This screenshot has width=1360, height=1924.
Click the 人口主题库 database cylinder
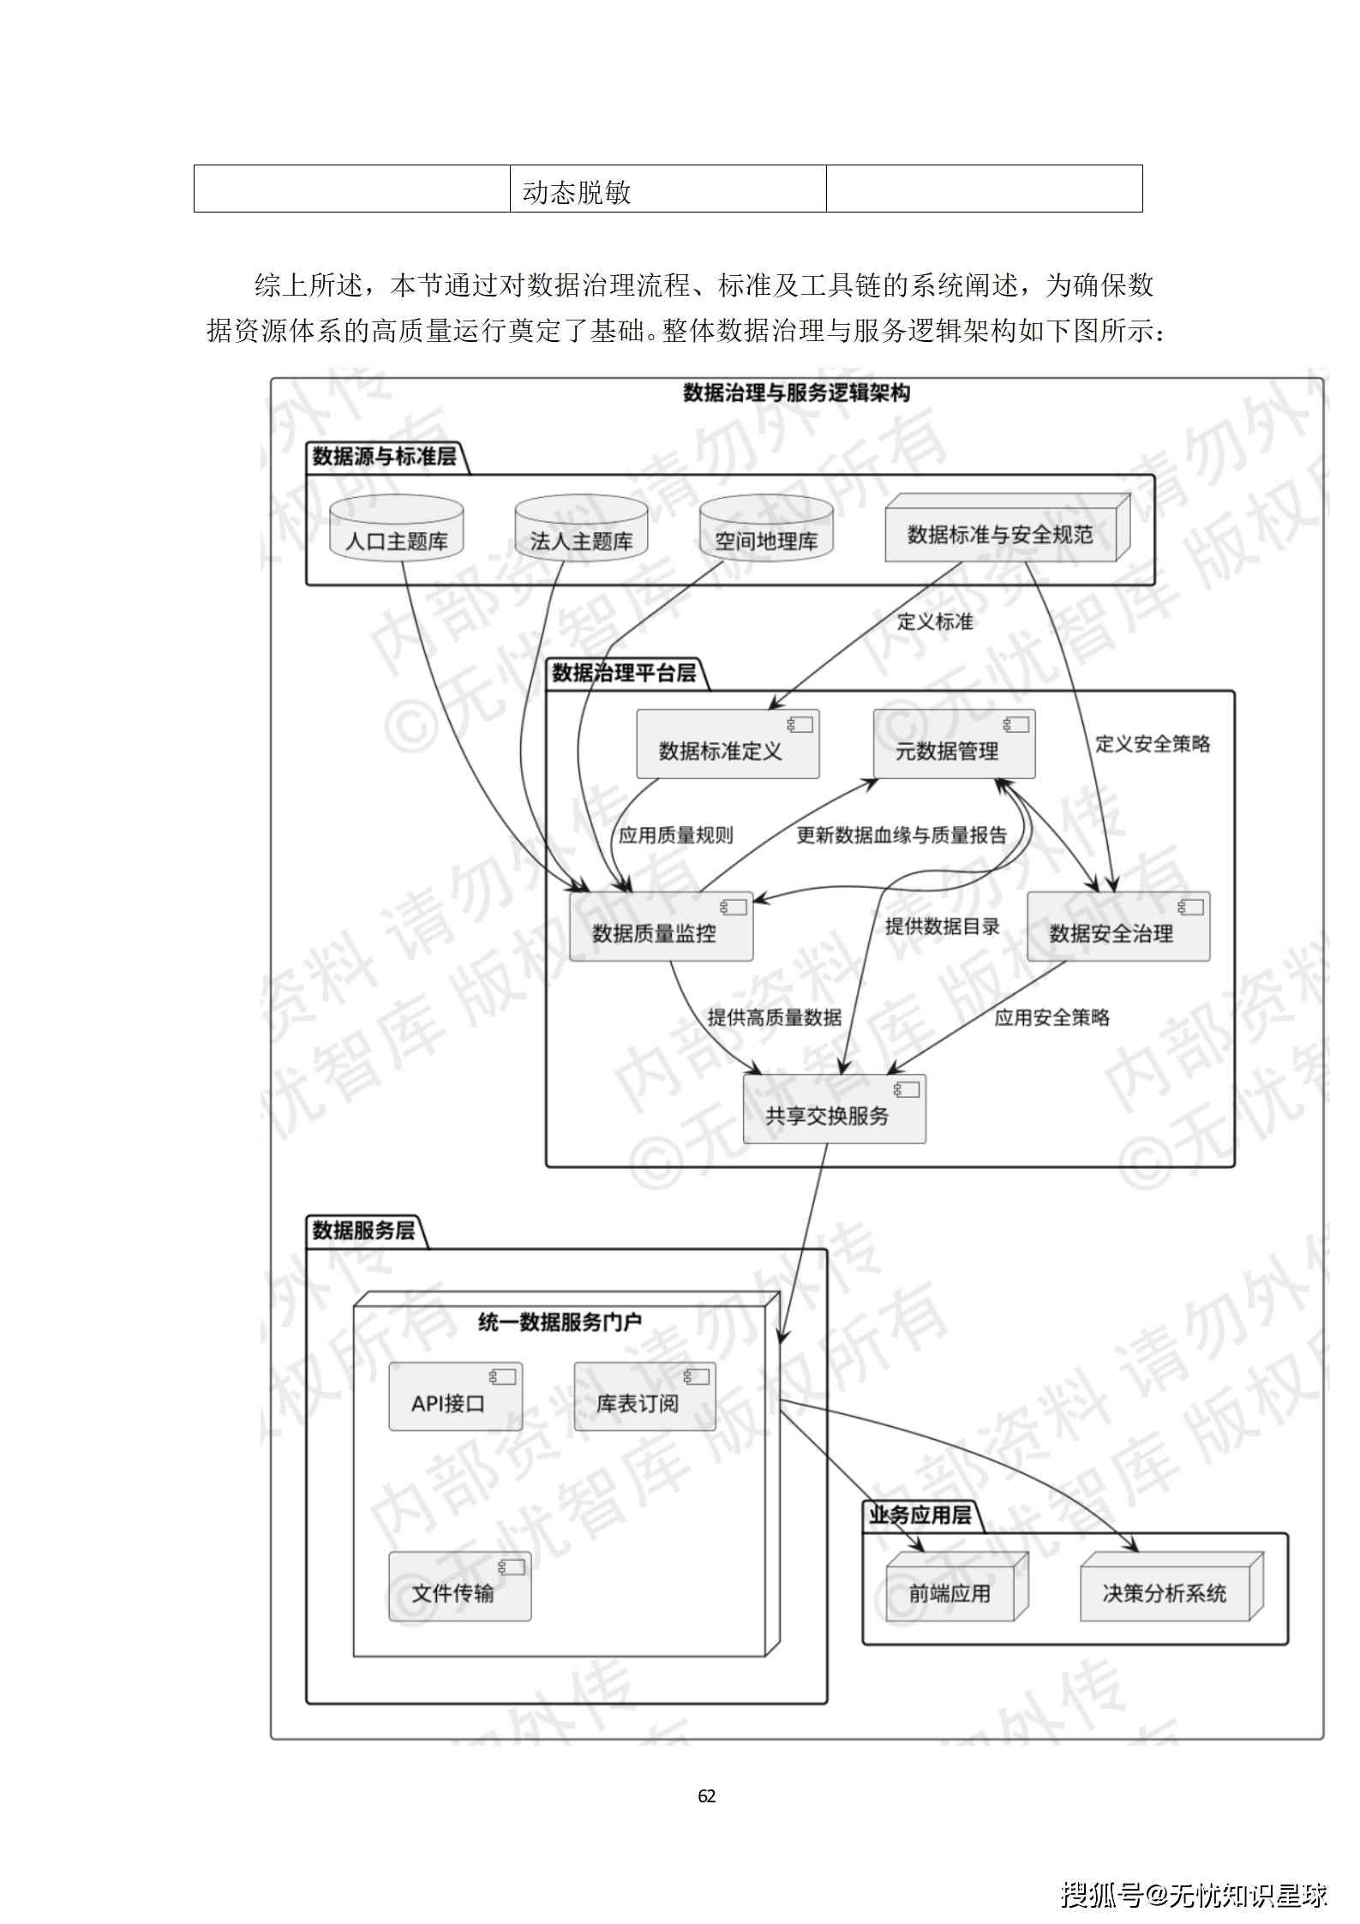[x=397, y=530]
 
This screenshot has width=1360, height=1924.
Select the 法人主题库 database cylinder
[x=581, y=530]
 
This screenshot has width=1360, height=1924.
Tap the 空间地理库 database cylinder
[x=766, y=530]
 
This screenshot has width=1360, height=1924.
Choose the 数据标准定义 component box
[x=728, y=745]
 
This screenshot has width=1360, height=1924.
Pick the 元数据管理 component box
[x=954, y=745]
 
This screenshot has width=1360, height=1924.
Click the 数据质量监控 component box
[x=661, y=927]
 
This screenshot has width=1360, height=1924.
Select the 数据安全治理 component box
[x=1118, y=927]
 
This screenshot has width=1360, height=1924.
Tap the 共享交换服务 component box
[x=834, y=1110]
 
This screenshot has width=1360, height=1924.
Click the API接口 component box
[x=455, y=1398]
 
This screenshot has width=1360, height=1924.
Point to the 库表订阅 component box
[x=644, y=1398]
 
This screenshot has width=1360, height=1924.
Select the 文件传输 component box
[x=459, y=1587]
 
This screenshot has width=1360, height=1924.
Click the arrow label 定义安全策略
[x=1153, y=744]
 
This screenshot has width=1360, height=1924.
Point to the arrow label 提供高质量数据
[x=774, y=1017]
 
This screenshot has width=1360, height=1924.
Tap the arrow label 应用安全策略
[x=1051, y=1017]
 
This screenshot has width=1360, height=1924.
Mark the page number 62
[x=706, y=1795]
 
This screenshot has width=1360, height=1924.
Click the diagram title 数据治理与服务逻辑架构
[x=796, y=393]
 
